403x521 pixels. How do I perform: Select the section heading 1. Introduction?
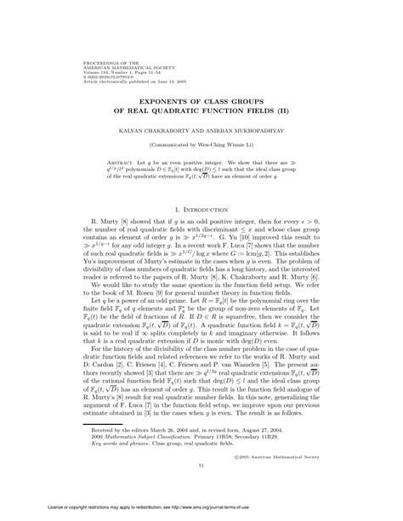(x=201, y=208)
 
